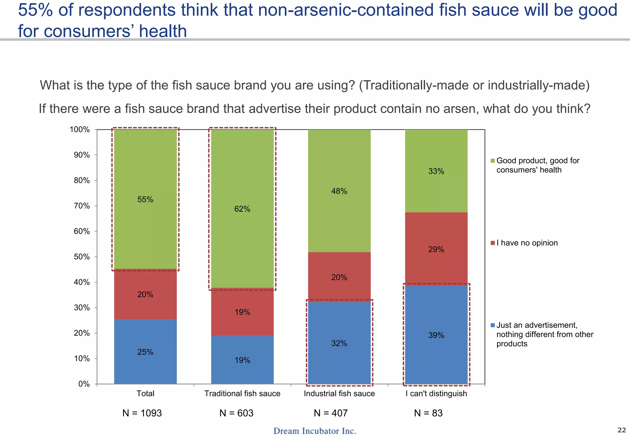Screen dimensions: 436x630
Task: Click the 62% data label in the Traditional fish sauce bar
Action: (242, 209)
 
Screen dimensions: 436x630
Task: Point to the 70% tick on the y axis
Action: (82, 206)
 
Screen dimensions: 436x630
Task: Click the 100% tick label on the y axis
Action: (80, 129)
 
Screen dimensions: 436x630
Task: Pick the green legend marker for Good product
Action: (492, 161)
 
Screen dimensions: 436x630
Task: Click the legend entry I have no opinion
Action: (527, 243)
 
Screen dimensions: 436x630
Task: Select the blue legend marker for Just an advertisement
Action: (492, 325)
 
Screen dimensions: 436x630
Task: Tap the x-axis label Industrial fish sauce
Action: (339, 394)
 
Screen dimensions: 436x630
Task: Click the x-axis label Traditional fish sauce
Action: (242, 394)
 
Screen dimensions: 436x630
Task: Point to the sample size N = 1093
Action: (142, 413)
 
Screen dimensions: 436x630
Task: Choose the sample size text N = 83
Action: (428, 413)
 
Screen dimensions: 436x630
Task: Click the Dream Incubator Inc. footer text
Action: (315, 431)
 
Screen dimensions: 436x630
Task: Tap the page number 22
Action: (621, 430)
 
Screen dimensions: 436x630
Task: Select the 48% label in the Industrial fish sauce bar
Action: (339, 191)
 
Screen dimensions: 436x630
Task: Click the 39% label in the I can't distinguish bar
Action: (436, 335)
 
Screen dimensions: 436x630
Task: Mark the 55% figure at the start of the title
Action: (35, 10)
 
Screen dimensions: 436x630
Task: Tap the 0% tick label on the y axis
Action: (84, 384)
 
